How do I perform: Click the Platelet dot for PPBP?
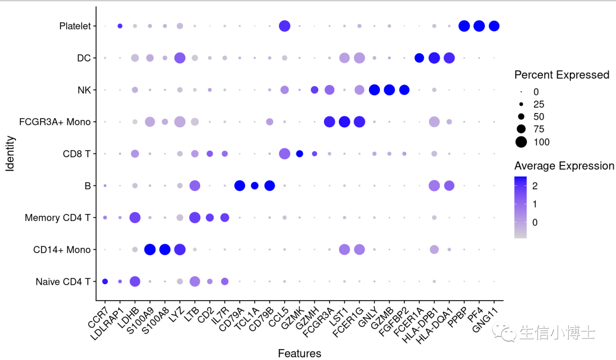tap(464, 26)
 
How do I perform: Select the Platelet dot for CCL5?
tap(285, 26)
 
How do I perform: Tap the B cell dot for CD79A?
tap(240, 185)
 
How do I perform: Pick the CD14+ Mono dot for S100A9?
tap(150, 249)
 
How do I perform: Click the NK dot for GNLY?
tap(375, 90)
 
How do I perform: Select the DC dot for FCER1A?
tap(419, 58)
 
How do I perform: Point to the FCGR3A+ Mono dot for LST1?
tap(345, 122)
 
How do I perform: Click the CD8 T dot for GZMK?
tap(299, 153)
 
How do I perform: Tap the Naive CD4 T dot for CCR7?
tap(105, 281)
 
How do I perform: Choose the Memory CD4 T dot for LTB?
tap(194, 217)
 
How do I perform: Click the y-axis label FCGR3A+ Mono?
tap(56, 122)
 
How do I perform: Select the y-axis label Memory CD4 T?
tap(58, 217)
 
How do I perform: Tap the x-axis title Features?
tap(299, 353)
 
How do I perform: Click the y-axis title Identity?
tap(10, 153)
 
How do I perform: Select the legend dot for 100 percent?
tap(521, 141)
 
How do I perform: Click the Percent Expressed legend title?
tap(561, 75)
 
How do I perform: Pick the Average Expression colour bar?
tap(520, 206)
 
